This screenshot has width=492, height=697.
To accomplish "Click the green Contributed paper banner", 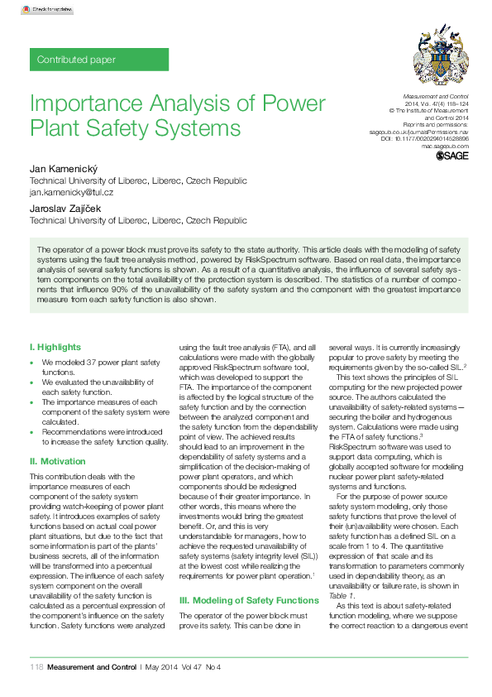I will tap(98, 60).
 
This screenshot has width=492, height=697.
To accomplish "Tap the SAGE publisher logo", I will tap(452, 155).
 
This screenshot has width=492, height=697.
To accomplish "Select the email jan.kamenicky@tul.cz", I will tap(71, 191).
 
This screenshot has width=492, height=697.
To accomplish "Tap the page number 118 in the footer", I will tap(36, 667).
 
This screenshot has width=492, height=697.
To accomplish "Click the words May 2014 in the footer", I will tap(162, 667).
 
